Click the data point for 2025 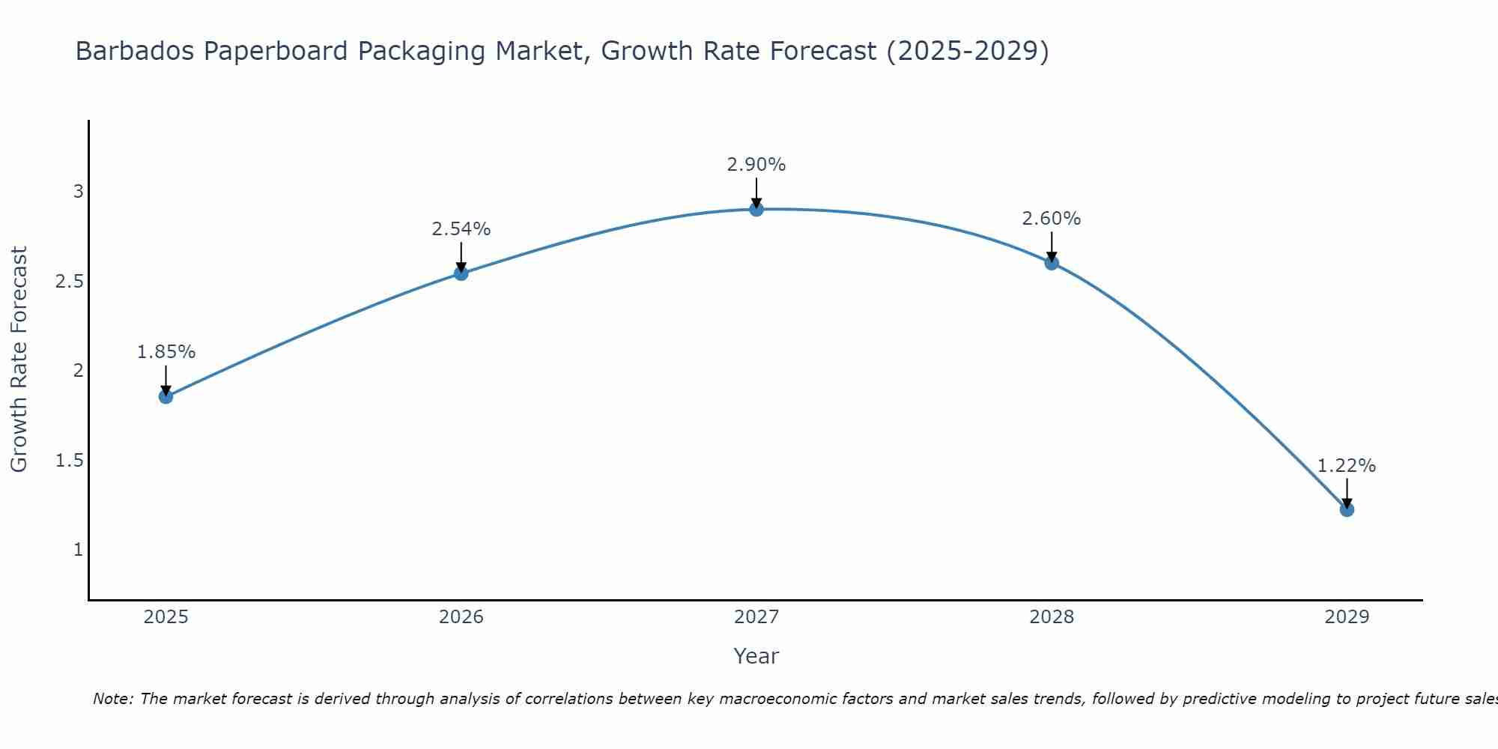coord(166,396)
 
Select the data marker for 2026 coord(461,273)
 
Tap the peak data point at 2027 coord(756,209)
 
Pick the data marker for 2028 coord(1052,263)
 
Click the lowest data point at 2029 coord(1347,509)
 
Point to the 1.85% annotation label coord(166,352)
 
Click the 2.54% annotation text coord(461,229)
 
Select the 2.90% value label coord(756,165)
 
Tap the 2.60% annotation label coord(1052,219)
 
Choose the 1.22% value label coord(1347,466)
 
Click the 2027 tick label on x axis coord(756,617)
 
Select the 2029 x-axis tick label coord(1347,617)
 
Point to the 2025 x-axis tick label coord(166,617)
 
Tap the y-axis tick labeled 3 coord(78,192)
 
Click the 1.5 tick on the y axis coord(69,461)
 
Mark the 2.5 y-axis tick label coord(69,282)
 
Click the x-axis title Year coord(756,656)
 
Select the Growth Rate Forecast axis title coord(19,360)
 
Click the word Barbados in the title coord(135,51)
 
